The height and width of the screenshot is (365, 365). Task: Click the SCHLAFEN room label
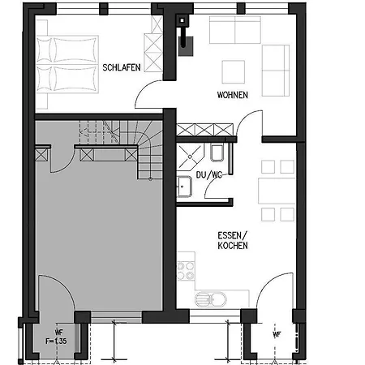pos(122,67)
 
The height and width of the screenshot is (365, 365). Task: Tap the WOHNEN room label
pos(233,95)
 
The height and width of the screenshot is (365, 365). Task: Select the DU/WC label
pos(209,175)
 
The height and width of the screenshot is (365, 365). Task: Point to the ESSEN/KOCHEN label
pos(233,240)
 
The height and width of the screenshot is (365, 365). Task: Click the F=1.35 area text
pos(56,341)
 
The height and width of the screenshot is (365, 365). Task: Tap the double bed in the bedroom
pos(67,64)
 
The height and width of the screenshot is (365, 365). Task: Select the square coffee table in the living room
pos(234,72)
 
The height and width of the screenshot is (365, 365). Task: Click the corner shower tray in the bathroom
pos(190,157)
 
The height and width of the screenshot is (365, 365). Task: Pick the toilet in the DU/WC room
pos(217,152)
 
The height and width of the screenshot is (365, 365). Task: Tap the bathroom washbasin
pos(184,187)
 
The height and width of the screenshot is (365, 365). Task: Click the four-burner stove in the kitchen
pos(186,271)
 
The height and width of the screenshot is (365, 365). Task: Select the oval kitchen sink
pos(211,299)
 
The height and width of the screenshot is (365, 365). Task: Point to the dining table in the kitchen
pos(277,191)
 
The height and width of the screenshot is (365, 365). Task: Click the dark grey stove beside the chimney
pos(186,46)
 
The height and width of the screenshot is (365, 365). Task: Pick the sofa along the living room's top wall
pos(235,30)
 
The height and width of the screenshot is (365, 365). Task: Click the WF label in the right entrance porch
pos(277,334)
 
